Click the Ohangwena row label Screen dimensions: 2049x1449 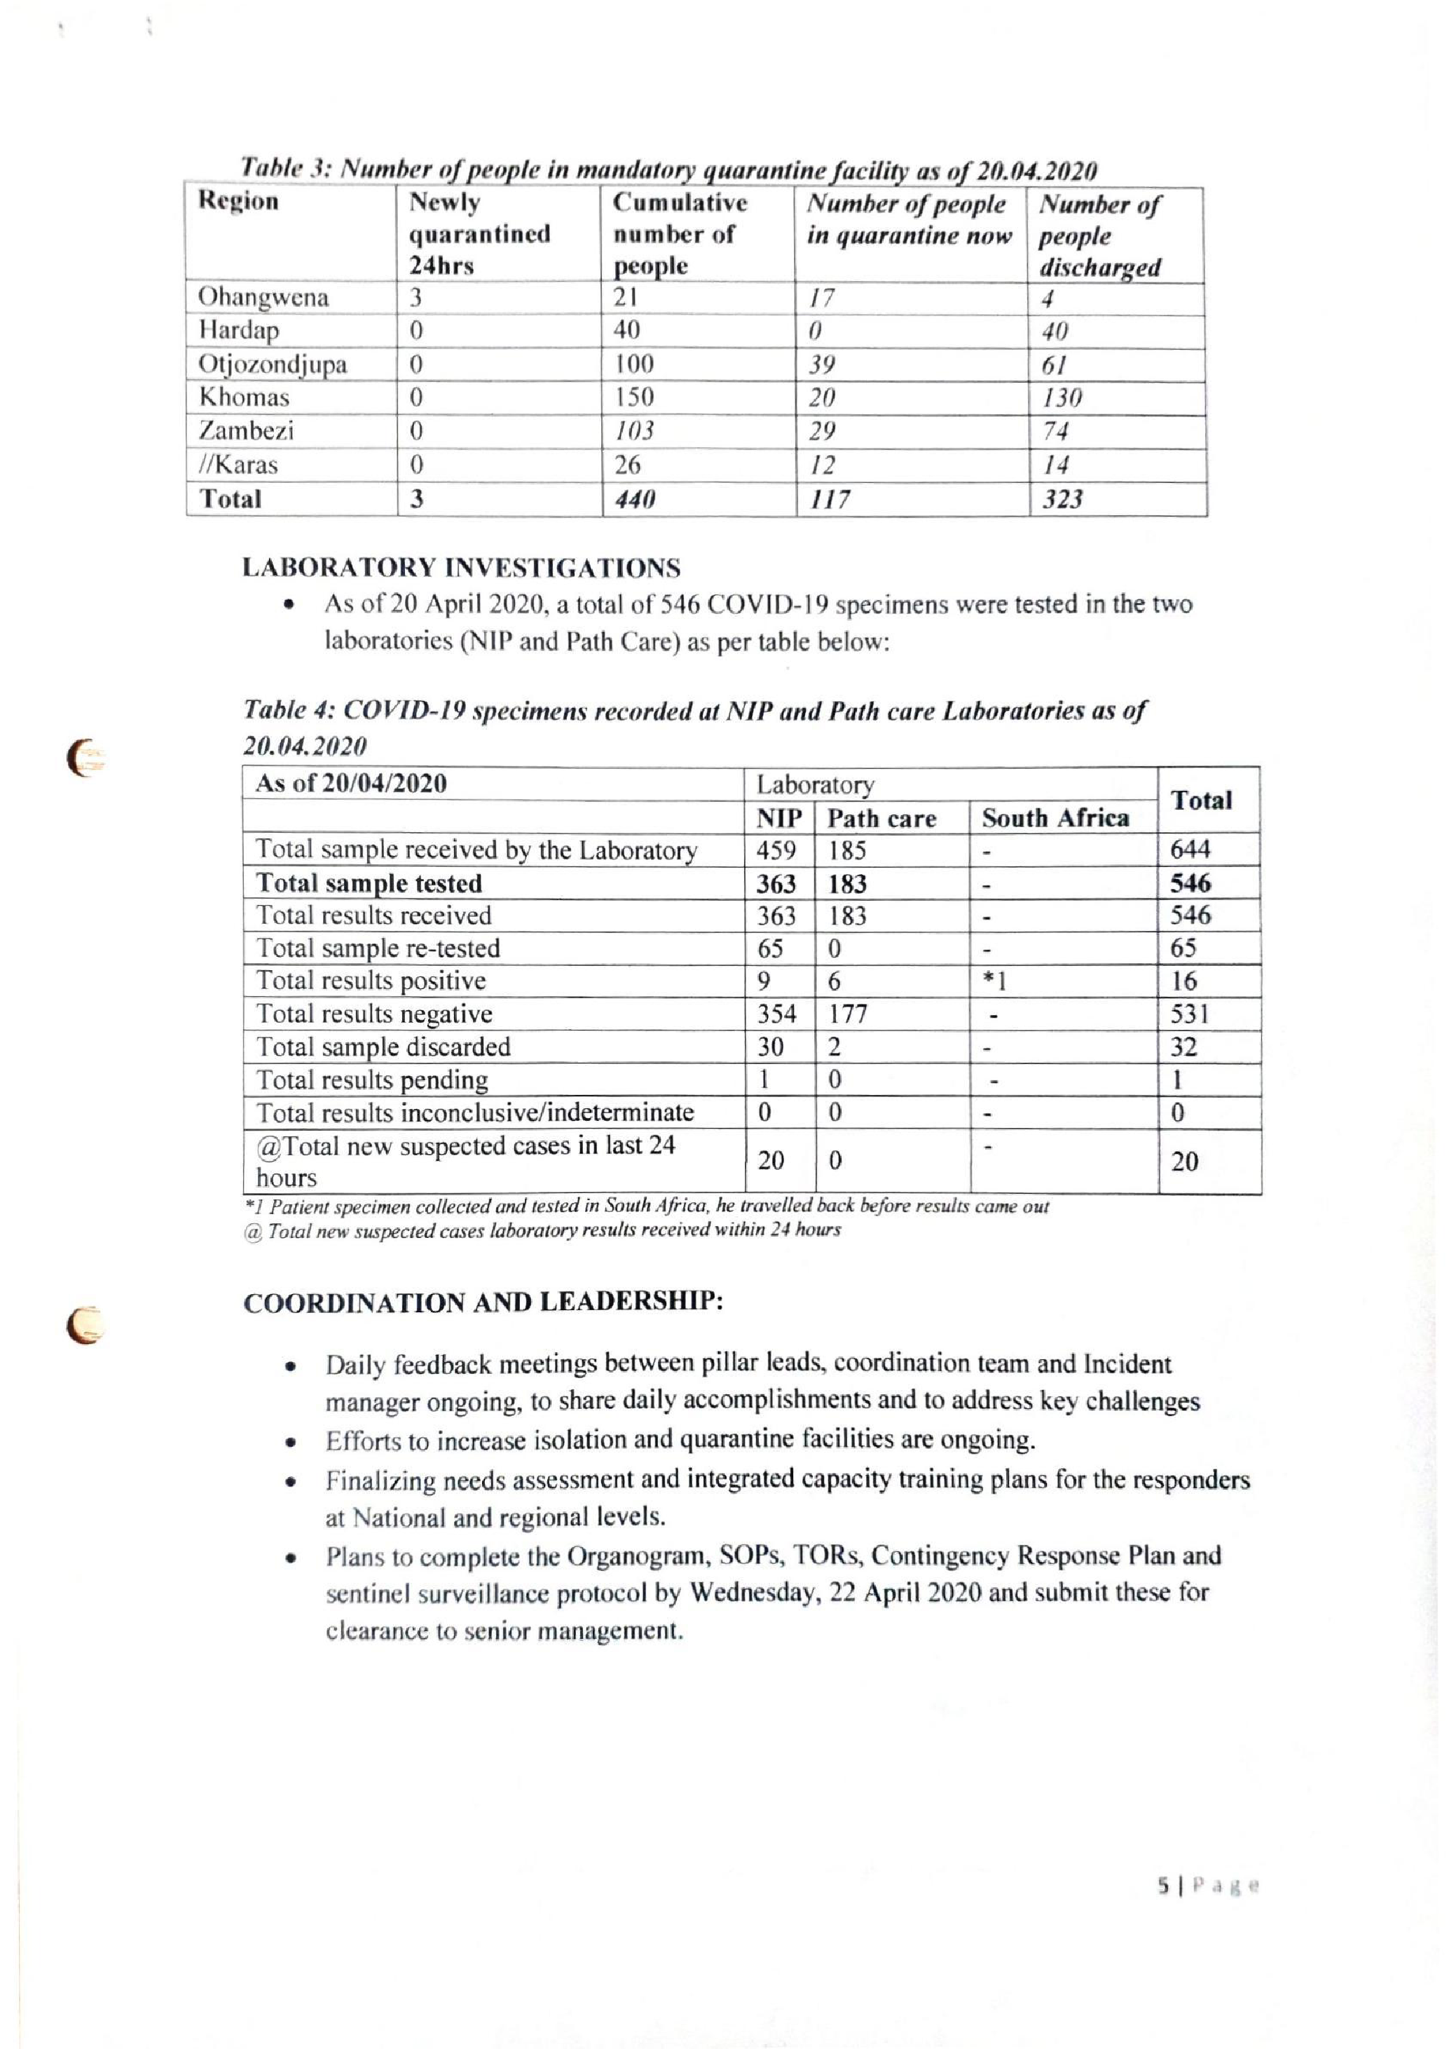pos(263,297)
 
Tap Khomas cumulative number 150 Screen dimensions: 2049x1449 pos(633,397)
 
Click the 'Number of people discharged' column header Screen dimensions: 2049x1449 pos(1100,236)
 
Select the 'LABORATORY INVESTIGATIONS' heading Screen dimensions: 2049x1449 pos(461,569)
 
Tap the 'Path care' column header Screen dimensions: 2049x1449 pos(881,818)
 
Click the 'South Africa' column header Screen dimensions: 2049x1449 pos(1055,818)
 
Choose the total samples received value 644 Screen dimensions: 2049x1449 pos(1190,850)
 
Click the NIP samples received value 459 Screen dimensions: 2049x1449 pos(776,850)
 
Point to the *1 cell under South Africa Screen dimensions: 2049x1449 pos(994,981)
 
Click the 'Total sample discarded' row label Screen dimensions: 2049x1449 pos(384,1047)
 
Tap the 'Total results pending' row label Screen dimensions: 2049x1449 pos(372,1080)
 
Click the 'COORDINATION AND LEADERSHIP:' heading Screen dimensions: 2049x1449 pos(483,1302)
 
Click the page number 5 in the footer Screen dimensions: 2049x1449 pos(1162,1886)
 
